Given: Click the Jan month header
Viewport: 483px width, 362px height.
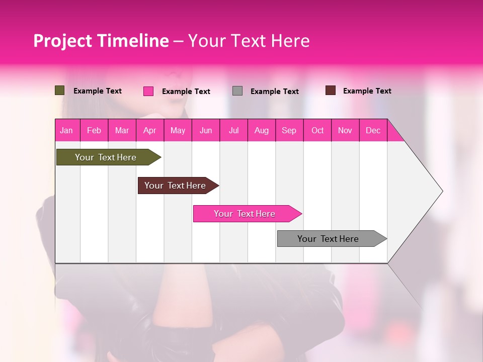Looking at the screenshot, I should pyautogui.click(x=66, y=130).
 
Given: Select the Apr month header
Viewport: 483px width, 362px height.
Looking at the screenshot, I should pyautogui.click(x=149, y=130).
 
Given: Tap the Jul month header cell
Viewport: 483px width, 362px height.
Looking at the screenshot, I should pyautogui.click(x=233, y=130).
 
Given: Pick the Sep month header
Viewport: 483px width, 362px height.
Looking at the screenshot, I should pyautogui.click(x=289, y=130).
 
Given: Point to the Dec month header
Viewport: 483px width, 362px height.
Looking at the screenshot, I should pyautogui.click(x=373, y=130).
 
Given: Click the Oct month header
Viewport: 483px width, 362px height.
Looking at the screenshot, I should pyautogui.click(x=317, y=130).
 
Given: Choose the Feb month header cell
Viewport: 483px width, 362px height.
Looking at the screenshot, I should pyautogui.click(x=94, y=130).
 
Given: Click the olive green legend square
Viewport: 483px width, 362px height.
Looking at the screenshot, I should pyautogui.click(x=60, y=90).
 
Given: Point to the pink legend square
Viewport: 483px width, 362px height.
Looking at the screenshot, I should pyautogui.click(x=148, y=91).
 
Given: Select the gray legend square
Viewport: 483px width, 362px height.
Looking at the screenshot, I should pyautogui.click(x=237, y=91).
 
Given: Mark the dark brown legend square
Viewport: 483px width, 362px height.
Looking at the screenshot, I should pyautogui.click(x=331, y=90).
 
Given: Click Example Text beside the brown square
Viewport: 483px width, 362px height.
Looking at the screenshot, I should pyautogui.click(x=367, y=91).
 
